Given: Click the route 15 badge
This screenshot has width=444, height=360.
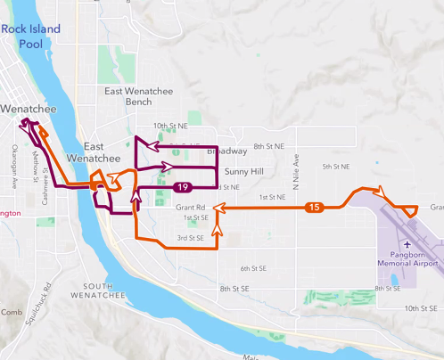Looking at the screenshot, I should [313, 208].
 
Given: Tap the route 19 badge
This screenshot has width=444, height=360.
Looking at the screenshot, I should [182, 187].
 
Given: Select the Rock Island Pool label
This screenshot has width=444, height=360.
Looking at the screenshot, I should [31, 36].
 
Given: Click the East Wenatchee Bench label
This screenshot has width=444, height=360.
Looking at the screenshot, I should [141, 97].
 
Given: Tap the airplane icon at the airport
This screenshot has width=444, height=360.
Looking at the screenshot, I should [407, 242].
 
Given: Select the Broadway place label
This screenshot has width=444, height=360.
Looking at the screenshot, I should [226, 151].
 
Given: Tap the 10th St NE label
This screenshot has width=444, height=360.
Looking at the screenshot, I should [171, 127].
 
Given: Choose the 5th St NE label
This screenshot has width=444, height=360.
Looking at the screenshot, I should [339, 167].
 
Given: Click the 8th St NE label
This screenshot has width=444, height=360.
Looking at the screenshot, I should [268, 145].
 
